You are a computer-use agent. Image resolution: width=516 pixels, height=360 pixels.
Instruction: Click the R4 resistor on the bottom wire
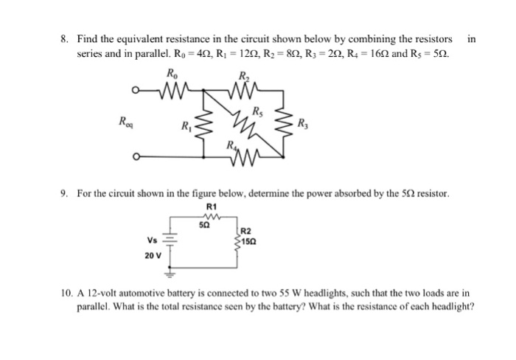coord(248,156)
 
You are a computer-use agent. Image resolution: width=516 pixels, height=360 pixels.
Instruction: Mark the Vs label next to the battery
coord(152,240)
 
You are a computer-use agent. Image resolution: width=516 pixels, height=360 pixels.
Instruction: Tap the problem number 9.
coord(66,193)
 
